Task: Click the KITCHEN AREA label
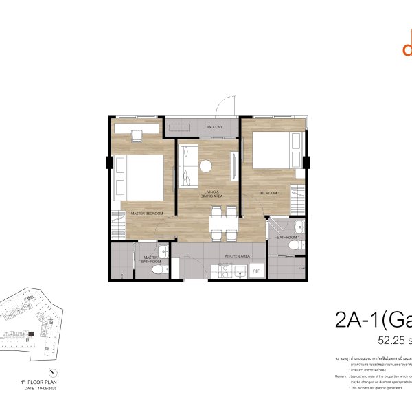pos(237,256)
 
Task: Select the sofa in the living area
pos(186,165)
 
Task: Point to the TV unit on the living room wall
pos(236,165)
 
